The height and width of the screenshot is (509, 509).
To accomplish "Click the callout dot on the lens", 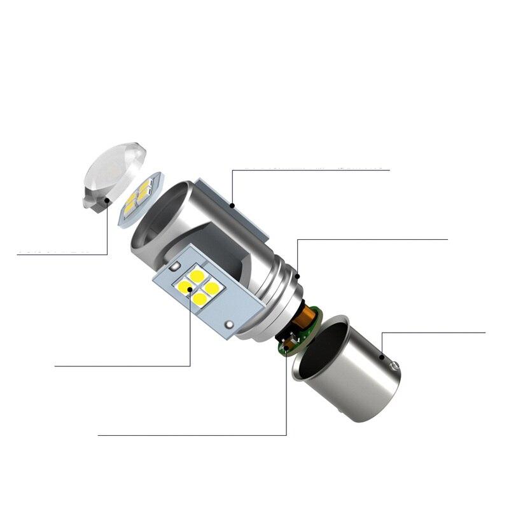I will point(108,201).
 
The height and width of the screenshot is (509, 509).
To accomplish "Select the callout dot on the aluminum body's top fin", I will point(233,205).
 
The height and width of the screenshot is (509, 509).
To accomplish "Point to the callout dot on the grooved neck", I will point(296,275).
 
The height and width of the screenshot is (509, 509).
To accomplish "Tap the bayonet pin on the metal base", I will point(396,367).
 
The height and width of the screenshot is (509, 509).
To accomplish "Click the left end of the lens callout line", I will point(18,254).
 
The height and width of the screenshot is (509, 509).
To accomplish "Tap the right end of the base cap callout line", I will point(485,332).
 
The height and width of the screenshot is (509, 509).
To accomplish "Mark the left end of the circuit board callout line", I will point(99,435).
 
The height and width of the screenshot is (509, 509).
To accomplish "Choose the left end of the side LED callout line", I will point(56,366).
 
